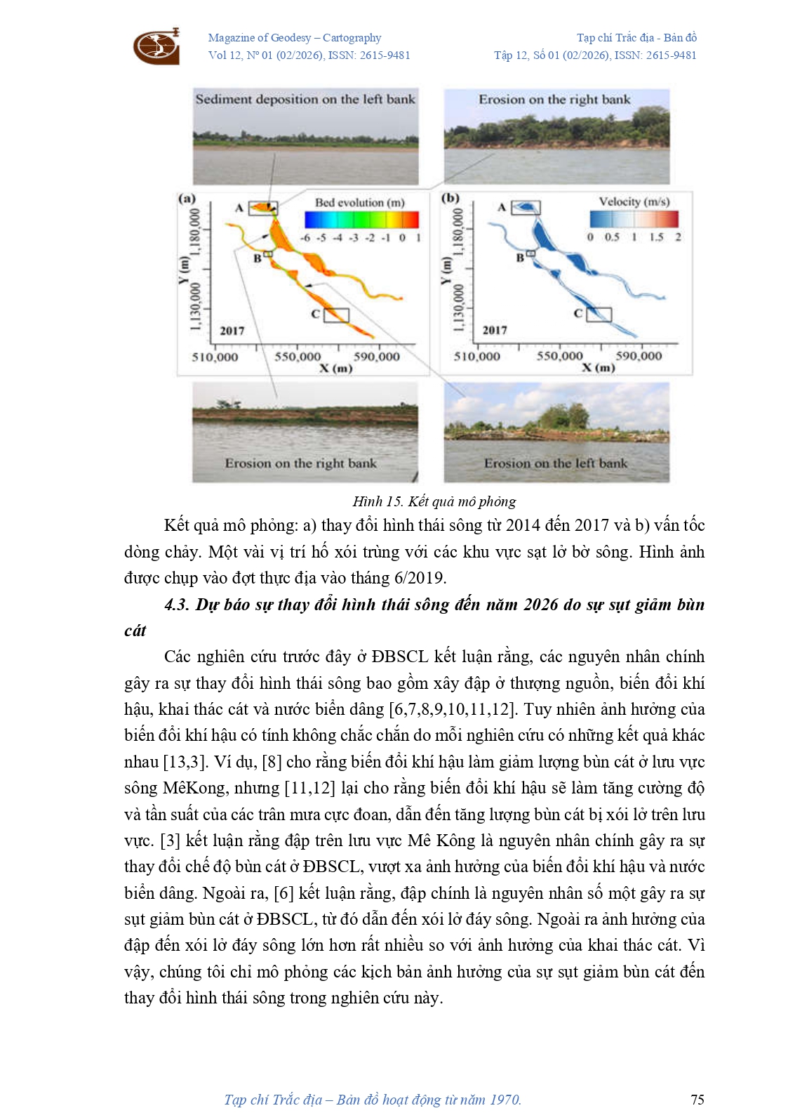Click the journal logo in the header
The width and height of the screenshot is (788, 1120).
156,46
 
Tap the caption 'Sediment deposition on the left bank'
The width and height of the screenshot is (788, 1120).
305,99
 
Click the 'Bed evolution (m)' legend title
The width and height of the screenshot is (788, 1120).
359,202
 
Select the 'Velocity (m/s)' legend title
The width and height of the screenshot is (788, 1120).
634,202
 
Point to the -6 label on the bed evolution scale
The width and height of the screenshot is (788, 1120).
305,237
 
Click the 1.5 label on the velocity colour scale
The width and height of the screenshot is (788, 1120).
656,237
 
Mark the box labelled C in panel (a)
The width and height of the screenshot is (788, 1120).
336,315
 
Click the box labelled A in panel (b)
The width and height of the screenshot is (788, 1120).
526,208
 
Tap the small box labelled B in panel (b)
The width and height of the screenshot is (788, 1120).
530,253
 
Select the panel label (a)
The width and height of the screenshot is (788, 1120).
187,199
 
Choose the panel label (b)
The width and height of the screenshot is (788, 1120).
450,198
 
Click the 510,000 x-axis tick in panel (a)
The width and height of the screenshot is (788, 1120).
215,357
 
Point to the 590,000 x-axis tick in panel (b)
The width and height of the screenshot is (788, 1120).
639,356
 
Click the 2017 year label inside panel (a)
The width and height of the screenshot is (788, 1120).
232,331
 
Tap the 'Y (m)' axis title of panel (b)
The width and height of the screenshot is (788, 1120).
446,270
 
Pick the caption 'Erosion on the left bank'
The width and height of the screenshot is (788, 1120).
555,463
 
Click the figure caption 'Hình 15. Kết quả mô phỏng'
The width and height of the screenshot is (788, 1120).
434,501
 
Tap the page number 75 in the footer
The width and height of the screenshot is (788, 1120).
697,1100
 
